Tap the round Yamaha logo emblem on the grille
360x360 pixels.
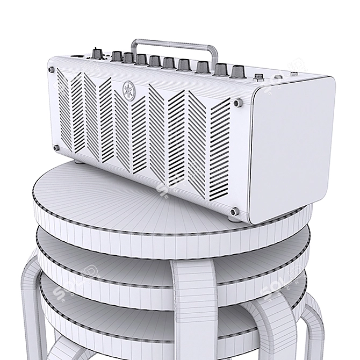coord(129,87)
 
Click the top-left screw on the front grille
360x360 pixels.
coord(52,69)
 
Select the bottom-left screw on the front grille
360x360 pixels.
coord(55,147)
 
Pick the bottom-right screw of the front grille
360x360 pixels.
coord(234,212)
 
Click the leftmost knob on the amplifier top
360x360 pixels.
coord(97,54)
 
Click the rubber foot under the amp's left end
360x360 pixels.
coord(78,160)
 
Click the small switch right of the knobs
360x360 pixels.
coord(260,77)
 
